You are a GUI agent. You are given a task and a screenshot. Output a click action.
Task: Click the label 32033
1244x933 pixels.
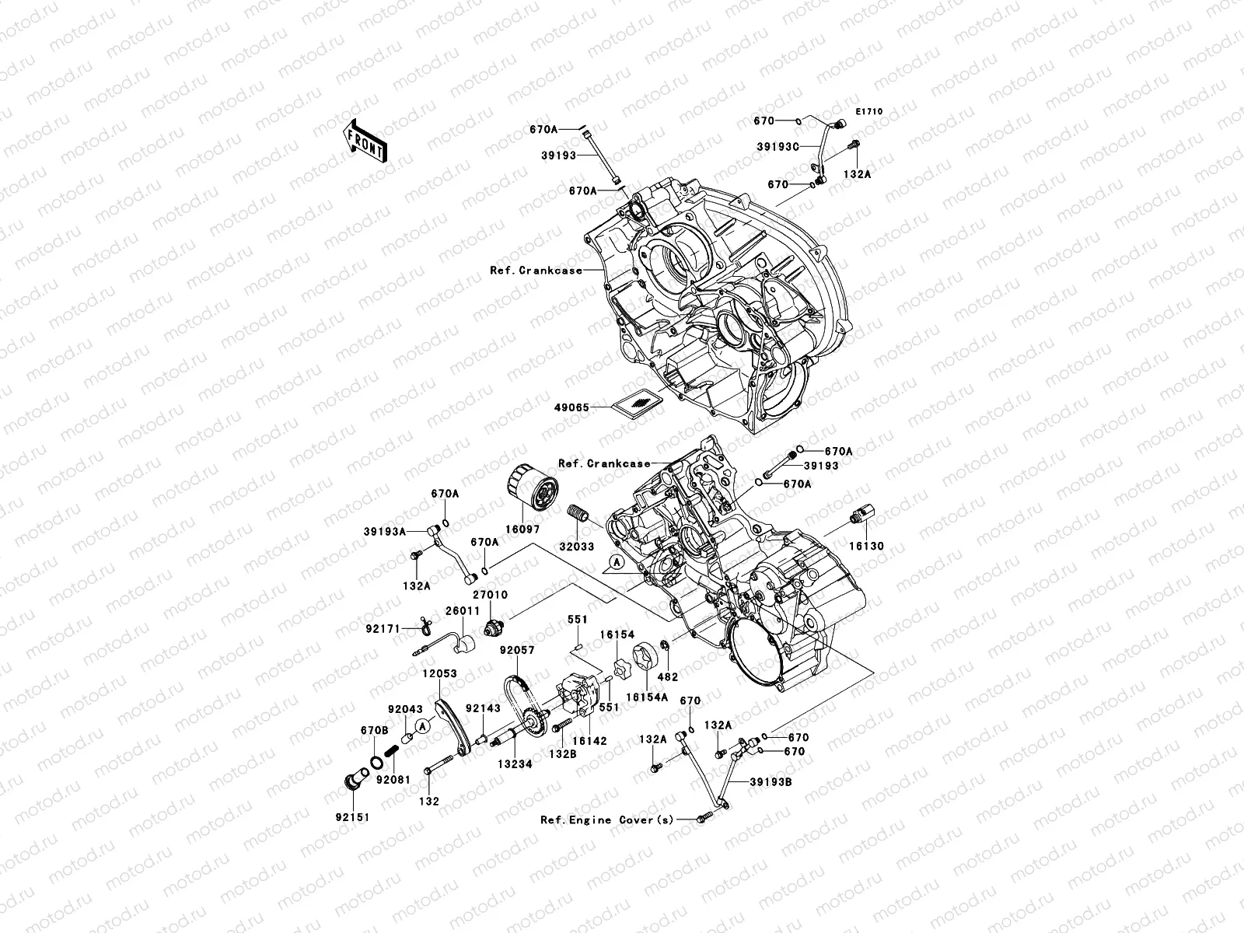click(576, 547)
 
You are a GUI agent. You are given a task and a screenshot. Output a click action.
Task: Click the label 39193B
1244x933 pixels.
click(771, 781)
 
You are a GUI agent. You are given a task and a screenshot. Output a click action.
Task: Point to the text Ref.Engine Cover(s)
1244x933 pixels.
click(607, 819)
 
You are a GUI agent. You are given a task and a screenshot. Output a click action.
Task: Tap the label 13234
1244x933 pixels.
click(515, 764)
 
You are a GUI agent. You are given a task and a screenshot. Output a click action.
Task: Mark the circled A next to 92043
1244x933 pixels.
click(422, 726)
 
